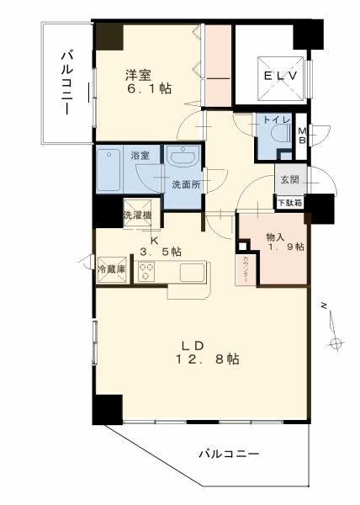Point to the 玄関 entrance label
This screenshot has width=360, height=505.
[289, 180]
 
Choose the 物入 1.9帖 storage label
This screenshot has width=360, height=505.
[285, 241]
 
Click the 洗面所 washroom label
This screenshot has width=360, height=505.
[185, 184]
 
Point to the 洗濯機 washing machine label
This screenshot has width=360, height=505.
[137, 215]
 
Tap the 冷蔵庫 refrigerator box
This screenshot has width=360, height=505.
[112, 270]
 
